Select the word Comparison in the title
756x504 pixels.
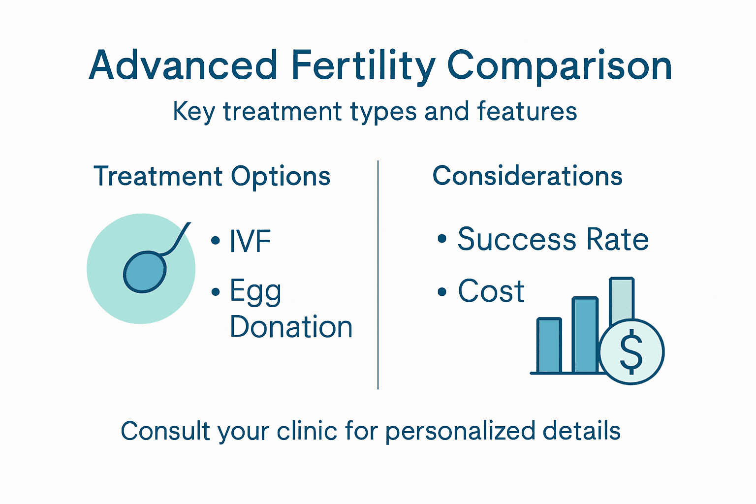click(559, 66)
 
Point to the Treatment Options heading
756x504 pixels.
click(212, 176)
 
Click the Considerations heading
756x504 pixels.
click(527, 176)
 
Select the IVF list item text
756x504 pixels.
click(250, 241)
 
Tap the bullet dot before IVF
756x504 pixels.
click(215, 241)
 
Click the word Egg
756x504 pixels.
click(255, 291)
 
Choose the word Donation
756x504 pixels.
click(291, 327)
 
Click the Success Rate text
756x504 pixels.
click(553, 240)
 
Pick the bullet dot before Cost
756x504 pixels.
click(441, 292)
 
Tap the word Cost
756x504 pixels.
click(491, 291)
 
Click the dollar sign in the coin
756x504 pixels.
click(631, 351)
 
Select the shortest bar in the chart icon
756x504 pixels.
click(549, 346)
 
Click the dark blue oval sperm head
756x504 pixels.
click(144, 272)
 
